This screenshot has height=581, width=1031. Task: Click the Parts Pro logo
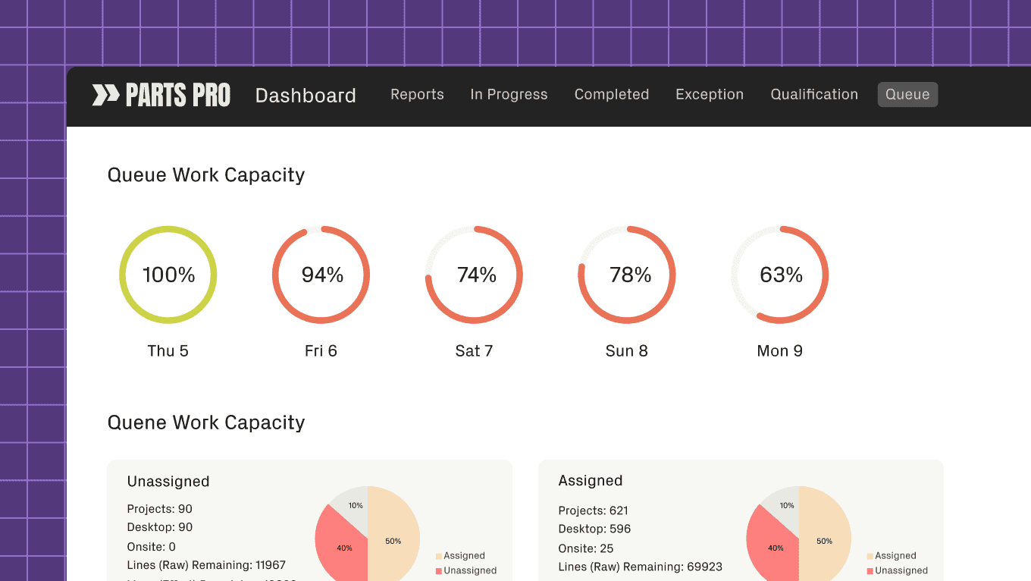(x=161, y=95)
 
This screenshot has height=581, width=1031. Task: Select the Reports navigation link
(x=417, y=95)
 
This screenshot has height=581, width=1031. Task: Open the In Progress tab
(x=509, y=95)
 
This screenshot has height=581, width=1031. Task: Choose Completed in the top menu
(x=611, y=95)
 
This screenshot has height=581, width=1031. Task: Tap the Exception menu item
(x=709, y=95)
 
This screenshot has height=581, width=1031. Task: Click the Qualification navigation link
(x=814, y=95)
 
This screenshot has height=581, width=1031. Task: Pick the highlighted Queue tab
(x=907, y=95)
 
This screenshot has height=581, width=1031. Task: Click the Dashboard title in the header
(x=306, y=96)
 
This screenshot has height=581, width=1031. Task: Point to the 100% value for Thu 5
(x=168, y=275)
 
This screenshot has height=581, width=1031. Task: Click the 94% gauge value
(x=322, y=275)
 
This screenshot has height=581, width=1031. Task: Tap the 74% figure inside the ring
(x=476, y=275)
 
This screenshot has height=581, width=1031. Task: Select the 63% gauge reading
(x=781, y=275)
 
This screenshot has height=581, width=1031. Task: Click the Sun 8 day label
(x=626, y=351)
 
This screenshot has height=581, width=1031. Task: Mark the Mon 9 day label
(x=779, y=351)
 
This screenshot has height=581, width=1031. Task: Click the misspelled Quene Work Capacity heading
(x=206, y=422)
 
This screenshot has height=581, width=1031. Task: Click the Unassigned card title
(x=168, y=482)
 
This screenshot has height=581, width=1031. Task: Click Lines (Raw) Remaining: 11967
(x=206, y=565)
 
